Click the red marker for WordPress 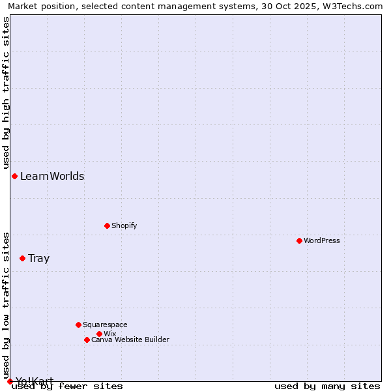tap(299, 240)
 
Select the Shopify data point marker tap(107, 225)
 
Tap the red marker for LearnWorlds tap(14, 176)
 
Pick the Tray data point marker tap(22, 258)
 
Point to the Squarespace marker tap(78, 325)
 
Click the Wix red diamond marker tap(99, 334)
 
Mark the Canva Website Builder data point tap(87, 340)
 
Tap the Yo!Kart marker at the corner tap(10, 381)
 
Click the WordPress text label tap(322, 240)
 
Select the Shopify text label tap(124, 225)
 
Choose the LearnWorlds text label tap(52, 176)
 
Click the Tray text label tap(39, 258)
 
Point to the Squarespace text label tap(105, 325)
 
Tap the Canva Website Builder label tap(130, 340)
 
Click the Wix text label tap(110, 334)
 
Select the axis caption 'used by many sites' tap(327, 386)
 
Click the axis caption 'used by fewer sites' tap(68, 386)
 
